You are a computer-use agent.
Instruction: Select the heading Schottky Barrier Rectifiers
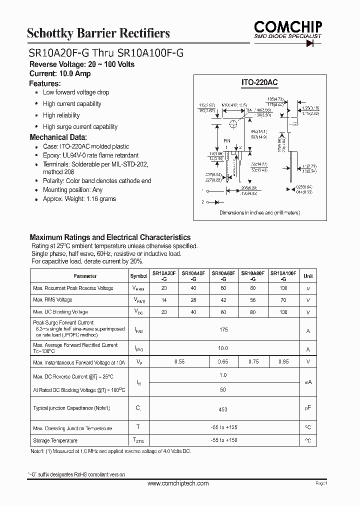(x=98, y=33)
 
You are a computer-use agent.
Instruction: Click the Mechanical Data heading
(x=58, y=137)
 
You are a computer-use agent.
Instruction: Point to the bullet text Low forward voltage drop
(x=76, y=92)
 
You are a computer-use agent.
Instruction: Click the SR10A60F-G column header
(x=224, y=276)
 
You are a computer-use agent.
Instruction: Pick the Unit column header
(x=308, y=276)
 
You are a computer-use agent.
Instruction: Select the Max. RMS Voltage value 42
(x=223, y=300)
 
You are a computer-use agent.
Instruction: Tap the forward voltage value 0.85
(x=283, y=361)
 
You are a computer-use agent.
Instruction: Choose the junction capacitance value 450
(x=223, y=409)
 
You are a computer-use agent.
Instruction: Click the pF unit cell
(x=308, y=408)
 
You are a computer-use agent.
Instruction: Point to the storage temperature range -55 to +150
(x=223, y=440)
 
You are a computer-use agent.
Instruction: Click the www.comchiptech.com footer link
(x=178, y=483)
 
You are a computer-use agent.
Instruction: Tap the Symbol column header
(x=139, y=276)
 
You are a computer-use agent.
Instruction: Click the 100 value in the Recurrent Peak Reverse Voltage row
(x=283, y=288)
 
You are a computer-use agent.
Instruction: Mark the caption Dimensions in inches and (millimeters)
(x=259, y=213)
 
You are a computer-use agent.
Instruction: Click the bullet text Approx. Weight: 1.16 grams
(x=79, y=199)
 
